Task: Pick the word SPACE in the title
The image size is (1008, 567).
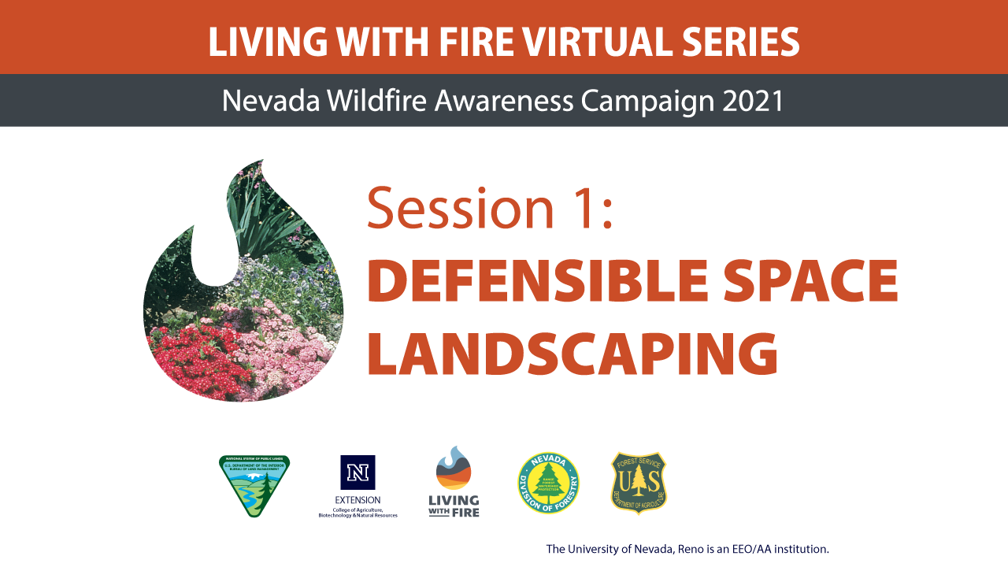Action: click(x=813, y=282)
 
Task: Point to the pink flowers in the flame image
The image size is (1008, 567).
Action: click(x=276, y=346)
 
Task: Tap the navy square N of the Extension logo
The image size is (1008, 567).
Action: click(x=358, y=472)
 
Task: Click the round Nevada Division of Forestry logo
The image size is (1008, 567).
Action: click(x=548, y=484)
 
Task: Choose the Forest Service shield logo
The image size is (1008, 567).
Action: click(x=639, y=483)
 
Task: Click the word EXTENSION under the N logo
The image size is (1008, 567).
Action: click(x=358, y=500)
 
